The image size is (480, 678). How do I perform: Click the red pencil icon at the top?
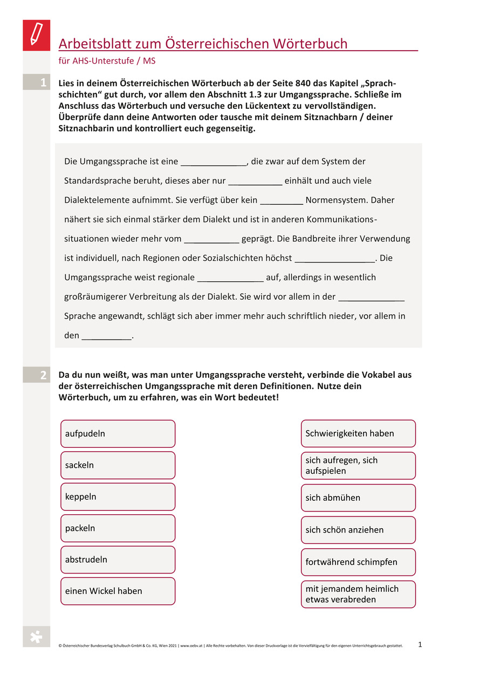(x=36, y=35)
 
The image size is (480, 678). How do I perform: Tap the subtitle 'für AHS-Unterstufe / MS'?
(x=107, y=61)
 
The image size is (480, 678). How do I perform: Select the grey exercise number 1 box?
(x=37, y=82)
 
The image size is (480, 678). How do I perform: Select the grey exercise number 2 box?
(x=37, y=376)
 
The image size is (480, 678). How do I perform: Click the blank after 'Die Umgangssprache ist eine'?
(x=213, y=162)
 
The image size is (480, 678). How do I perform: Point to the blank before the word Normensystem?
(x=281, y=201)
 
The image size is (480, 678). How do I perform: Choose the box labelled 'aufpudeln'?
(x=118, y=434)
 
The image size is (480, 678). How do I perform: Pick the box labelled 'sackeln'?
(x=118, y=465)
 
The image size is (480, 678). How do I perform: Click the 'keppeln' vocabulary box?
(x=118, y=497)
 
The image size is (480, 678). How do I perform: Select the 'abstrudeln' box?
(x=118, y=559)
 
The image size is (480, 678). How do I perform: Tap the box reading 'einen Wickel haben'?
(x=118, y=591)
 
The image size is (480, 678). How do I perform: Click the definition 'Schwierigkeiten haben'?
(x=358, y=434)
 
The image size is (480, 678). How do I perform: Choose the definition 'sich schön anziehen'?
(x=358, y=530)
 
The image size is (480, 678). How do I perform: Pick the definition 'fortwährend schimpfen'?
(x=358, y=562)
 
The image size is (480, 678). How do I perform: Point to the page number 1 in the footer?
(x=420, y=644)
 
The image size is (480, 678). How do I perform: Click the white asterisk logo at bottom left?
(x=36, y=637)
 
